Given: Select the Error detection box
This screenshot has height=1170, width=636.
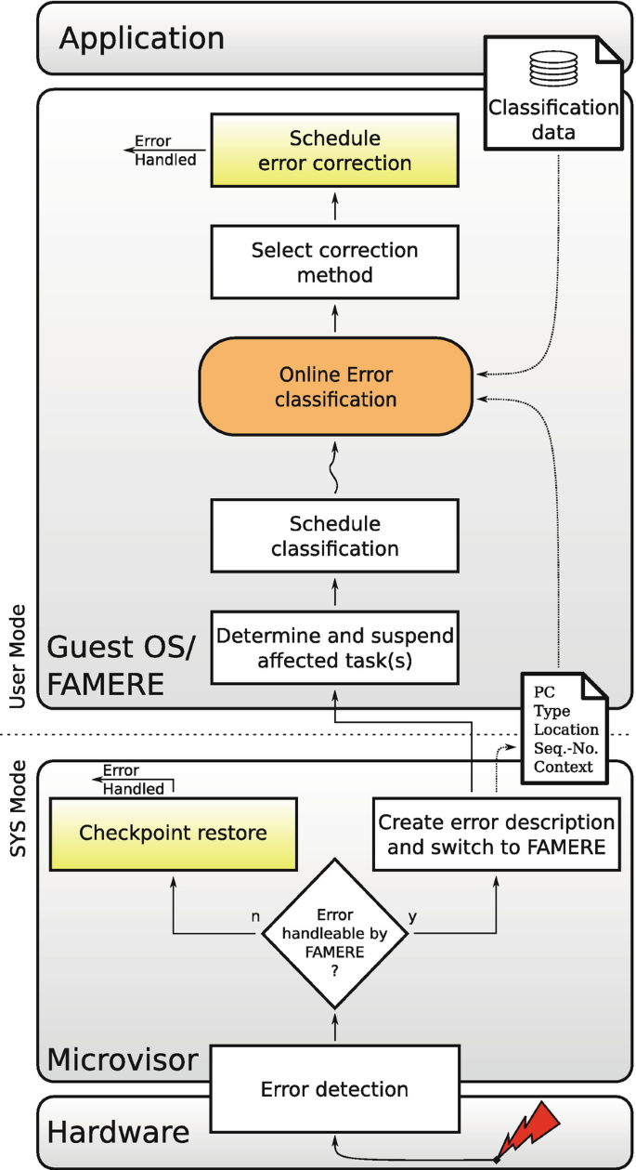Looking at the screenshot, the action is (334, 1089).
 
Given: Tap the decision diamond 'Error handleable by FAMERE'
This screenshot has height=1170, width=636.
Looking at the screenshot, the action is (334, 933).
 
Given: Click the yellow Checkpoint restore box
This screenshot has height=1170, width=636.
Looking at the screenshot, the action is (174, 834).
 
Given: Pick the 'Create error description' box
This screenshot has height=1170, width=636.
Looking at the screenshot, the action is (496, 834).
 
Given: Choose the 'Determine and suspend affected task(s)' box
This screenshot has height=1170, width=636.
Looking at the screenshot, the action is (334, 648).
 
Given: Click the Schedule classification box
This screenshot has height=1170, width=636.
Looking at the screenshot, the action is (334, 536).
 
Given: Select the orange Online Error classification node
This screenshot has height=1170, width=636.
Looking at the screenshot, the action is (335, 387).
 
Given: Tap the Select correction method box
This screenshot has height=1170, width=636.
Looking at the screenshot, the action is (334, 262).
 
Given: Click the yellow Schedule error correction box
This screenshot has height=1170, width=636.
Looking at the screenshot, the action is (334, 151).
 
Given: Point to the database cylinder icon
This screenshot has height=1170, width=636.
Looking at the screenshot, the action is (553, 69).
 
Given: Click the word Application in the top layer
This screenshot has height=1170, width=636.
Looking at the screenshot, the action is (142, 38).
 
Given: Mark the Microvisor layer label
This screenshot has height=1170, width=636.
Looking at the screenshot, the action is (123, 1060).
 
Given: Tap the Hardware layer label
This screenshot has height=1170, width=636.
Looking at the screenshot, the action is (119, 1133).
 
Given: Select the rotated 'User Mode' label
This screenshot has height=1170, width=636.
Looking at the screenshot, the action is (19, 657).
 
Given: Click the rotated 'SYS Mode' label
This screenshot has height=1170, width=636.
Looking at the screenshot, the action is (19, 808).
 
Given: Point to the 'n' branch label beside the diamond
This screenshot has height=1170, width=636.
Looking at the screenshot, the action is (255, 916).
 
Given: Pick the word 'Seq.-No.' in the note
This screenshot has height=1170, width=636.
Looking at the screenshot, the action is (565, 748).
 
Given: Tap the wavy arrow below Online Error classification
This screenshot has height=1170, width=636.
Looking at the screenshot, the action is (334, 467).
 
